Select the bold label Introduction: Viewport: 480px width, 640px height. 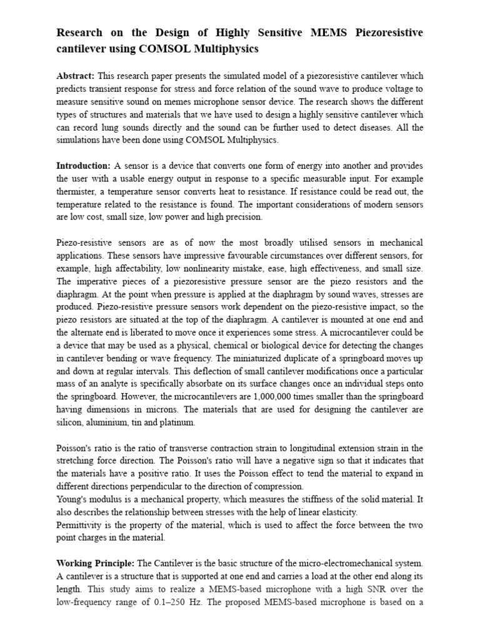click(83, 166)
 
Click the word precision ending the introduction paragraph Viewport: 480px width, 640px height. click(244, 217)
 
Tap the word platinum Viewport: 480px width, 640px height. click(177, 422)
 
